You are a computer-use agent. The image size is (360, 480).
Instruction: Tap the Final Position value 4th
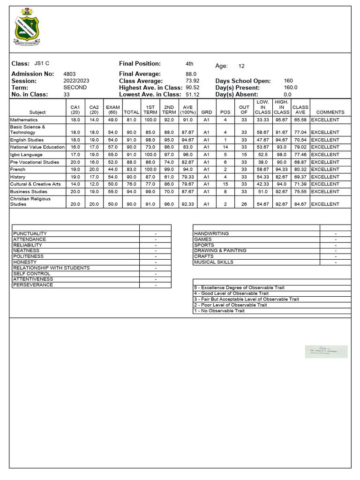click(x=189, y=64)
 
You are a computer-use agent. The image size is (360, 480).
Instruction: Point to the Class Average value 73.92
click(x=193, y=81)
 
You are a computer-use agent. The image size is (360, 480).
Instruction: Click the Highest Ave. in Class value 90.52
click(x=193, y=88)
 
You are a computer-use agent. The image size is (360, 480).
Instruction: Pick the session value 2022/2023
click(x=76, y=81)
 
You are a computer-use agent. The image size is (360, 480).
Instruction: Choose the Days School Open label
click(x=243, y=81)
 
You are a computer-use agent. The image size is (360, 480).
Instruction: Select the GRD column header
click(x=206, y=112)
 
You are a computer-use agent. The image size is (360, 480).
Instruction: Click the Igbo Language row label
click(x=26, y=155)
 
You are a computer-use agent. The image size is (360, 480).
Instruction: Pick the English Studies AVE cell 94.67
click(x=187, y=140)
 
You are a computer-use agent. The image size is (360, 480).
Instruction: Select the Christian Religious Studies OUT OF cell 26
click(x=244, y=204)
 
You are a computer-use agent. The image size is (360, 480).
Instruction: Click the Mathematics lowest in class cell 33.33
click(x=262, y=120)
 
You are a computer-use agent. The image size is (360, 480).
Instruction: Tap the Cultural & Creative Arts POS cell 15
click(x=225, y=184)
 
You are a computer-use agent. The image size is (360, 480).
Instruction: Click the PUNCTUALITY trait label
click(x=30, y=233)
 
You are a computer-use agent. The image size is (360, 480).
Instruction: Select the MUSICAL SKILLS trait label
click(x=213, y=262)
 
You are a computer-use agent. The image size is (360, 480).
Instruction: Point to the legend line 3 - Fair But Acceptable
click(x=246, y=299)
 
